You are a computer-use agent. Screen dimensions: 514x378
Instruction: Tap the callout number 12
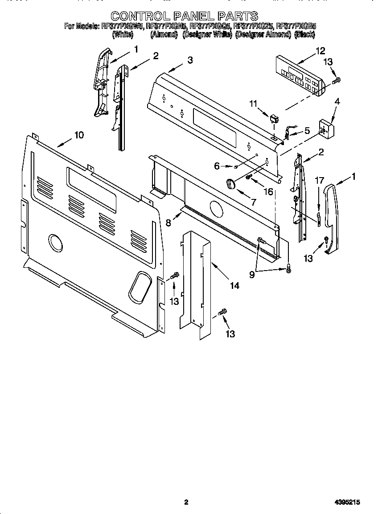tap(320, 50)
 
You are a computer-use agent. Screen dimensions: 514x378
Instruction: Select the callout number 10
tap(78, 135)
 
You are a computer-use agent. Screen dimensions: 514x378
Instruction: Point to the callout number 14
tap(234, 285)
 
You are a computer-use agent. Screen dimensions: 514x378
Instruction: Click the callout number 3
tap(190, 60)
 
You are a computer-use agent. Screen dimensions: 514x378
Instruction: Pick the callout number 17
tap(319, 180)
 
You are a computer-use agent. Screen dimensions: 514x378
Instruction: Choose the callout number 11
tap(253, 104)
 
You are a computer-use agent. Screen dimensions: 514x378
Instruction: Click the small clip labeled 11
tap(273, 118)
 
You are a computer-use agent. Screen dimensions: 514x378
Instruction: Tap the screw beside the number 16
tap(249, 178)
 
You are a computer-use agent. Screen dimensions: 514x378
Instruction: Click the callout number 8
tap(168, 223)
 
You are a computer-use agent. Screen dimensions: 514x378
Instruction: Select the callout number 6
tap(217, 166)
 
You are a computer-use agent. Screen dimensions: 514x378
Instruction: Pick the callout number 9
tap(252, 275)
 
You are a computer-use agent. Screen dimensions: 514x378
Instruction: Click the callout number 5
tap(307, 131)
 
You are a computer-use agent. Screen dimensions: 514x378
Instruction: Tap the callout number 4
tap(337, 101)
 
